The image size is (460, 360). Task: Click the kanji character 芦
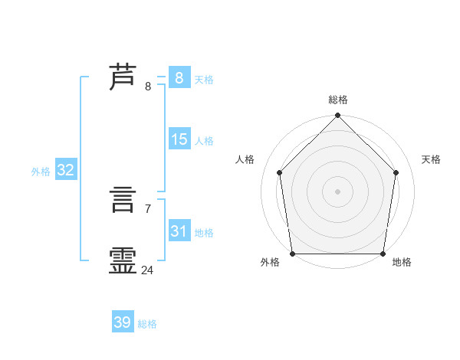point(123,77)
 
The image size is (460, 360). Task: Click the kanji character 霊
point(123,260)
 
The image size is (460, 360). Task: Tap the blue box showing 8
point(179,77)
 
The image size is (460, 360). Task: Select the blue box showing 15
point(179,139)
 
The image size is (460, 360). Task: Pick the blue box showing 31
point(179,231)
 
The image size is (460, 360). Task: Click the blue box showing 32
point(65,170)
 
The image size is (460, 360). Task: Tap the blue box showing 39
point(122,322)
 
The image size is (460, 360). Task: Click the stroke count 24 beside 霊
point(147,270)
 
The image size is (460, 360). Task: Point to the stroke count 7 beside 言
point(147,208)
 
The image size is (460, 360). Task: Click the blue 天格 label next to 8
point(204,79)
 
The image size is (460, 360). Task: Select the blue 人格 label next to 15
point(204,141)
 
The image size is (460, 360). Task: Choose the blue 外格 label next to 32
point(41,172)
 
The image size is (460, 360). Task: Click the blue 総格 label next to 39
point(147,324)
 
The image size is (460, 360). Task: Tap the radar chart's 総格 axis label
point(338,100)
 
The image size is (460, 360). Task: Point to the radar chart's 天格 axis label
point(432,159)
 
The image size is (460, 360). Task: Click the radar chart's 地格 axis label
point(402,262)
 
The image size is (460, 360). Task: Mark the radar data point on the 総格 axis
point(338,116)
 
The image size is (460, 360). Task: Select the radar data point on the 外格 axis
point(293,254)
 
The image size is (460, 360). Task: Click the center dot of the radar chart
point(338,191)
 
